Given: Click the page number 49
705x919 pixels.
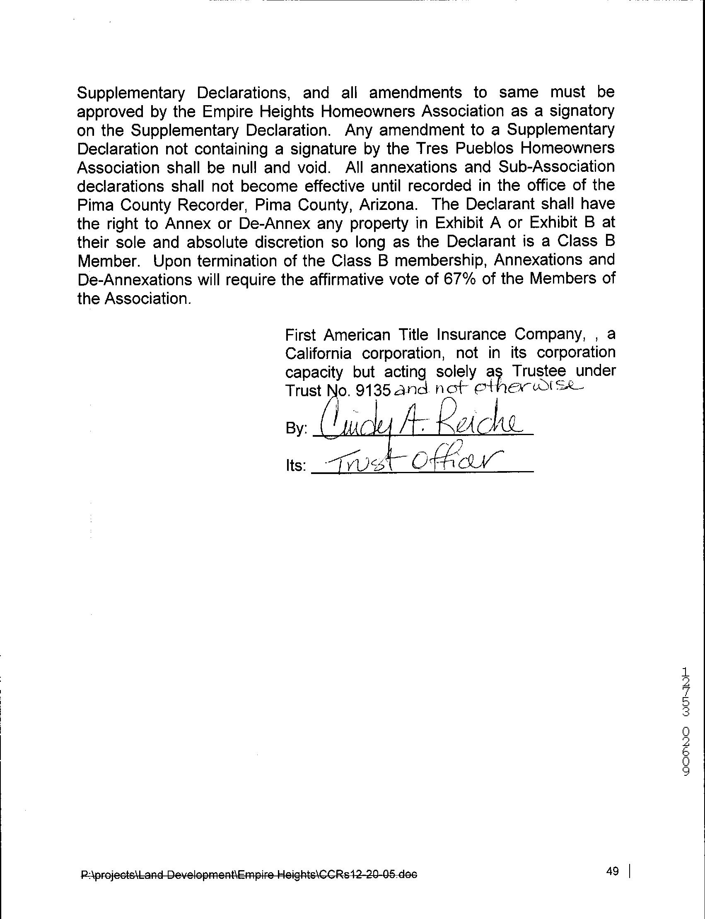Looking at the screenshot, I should point(612,871).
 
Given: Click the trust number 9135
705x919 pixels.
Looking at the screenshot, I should point(373,391).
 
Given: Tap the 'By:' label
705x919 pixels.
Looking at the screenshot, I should point(297,429).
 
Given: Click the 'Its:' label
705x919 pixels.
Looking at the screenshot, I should point(296,466).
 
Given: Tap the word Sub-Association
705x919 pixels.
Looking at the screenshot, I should point(556,167).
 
